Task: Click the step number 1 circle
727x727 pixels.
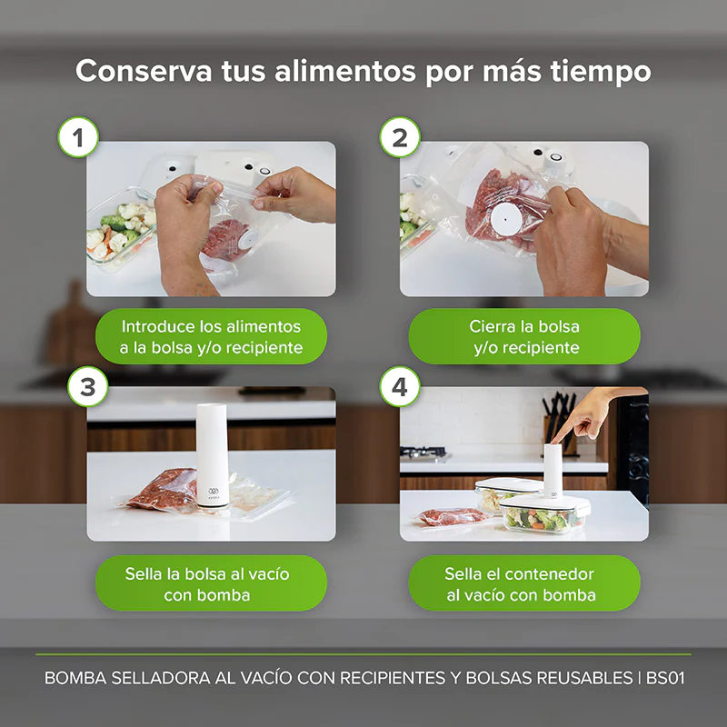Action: (78, 139)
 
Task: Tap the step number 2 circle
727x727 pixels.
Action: (399, 139)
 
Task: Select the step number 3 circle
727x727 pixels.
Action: (87, 386)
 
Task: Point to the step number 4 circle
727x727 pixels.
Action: (399, 386)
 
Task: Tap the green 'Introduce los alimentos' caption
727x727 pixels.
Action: (211, 336)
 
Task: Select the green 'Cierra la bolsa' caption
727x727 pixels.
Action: (524, 336)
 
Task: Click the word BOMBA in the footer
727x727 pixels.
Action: (72, 679)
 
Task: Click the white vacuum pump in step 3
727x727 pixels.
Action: (212, 454)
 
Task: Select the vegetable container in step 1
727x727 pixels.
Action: (118, 234)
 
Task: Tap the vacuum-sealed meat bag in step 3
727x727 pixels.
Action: (164, 491)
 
